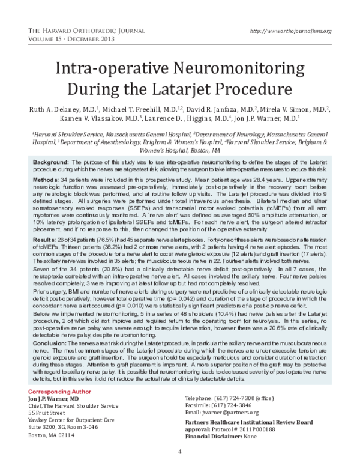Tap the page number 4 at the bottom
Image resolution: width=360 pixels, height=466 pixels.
[180, 452]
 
